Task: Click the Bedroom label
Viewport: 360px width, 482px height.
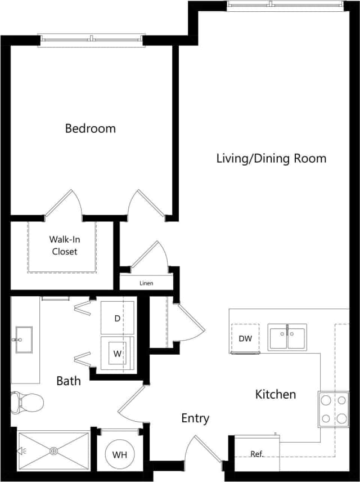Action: tap(90, 128)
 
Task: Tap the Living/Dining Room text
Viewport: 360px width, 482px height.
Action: tap(271, 158)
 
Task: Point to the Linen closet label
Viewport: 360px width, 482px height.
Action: tap(146, 283)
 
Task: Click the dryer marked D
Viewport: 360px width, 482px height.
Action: tap(118, 318)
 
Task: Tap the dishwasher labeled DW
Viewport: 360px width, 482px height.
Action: tap(245, 338)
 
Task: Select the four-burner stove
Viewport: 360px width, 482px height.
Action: tap(332, 409)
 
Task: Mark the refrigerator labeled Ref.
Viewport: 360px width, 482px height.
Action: tap(257, 453)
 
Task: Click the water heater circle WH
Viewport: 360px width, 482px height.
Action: tap(119, 454)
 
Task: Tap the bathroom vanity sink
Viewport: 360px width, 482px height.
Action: tap(24, 340)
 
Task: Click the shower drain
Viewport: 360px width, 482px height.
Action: tap(54, 450)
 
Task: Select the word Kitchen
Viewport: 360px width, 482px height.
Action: tap(276, 394)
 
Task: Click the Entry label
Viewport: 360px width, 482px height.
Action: tap(195, 418)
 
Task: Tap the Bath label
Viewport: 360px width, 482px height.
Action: tap(68, 381)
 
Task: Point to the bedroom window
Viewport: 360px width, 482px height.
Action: tap(91, 39)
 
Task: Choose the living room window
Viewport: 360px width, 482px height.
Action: tap(285, 6)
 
